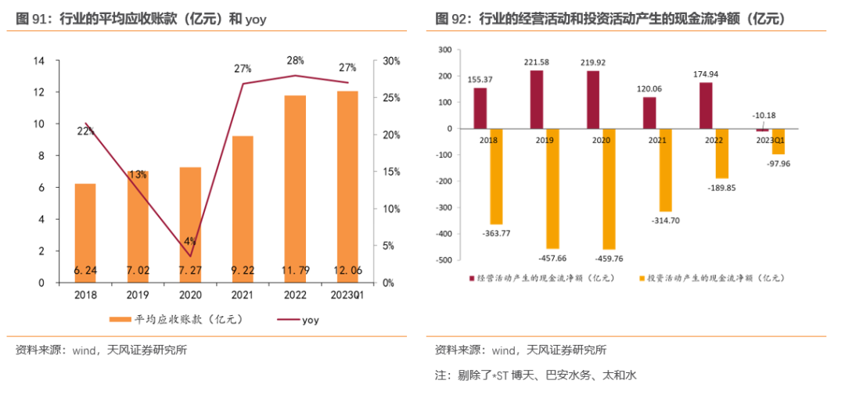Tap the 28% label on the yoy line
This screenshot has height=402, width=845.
[295, 60]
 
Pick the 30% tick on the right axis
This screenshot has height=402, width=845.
[392, 61]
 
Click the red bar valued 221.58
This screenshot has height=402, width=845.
[536, 99]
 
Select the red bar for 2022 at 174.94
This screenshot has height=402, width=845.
[706, 106]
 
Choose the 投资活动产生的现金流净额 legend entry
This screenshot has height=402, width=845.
[712, 278]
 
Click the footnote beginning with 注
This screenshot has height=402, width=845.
[536, 375]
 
